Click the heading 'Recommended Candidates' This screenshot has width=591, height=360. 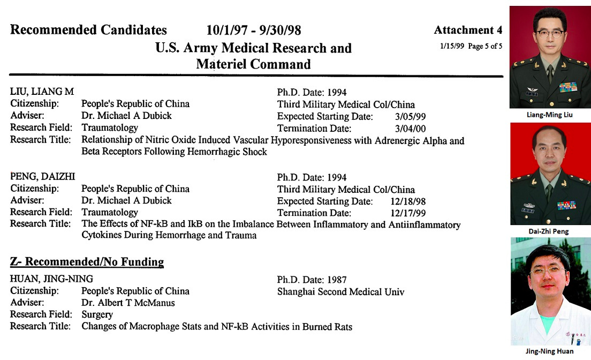[88, 30]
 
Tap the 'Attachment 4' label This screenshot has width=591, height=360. [468, 30]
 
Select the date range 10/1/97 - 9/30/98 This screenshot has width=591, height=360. [253, 30]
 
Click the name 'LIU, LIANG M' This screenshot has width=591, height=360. [42, 92]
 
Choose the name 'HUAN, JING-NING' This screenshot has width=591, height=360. [51, 279]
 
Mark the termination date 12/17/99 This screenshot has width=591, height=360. [405, 213]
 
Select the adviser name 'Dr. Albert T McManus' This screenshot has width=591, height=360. [128, 303]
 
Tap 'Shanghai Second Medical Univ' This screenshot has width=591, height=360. [340, 292]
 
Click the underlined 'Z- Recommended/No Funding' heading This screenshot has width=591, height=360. [87, 262]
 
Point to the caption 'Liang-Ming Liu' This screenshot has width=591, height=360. [550, 115]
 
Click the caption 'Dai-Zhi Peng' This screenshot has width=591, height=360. [550, 231]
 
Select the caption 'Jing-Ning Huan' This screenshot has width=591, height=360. [550, 351]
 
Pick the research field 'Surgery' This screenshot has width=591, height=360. [97, 314]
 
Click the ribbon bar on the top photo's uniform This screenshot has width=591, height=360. [568, 87]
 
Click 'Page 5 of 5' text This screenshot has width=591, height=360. [485, 46]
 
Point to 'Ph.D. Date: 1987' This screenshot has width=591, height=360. [312, 280]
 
